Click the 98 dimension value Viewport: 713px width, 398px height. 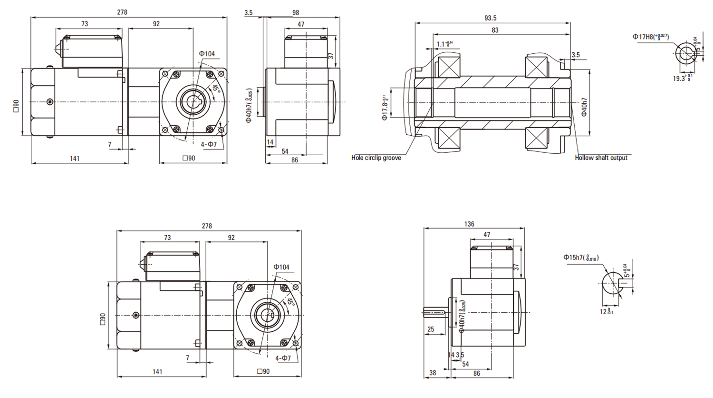click(x=296, y=13)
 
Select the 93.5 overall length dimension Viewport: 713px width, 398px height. click(x=491, y=18)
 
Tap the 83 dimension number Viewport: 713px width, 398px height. click(x=495, y=30)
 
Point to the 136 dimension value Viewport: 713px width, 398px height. click(x=469, y=224)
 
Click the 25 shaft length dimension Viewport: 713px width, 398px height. click(x=431, y=329)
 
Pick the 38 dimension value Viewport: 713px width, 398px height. click(x=433, y=373)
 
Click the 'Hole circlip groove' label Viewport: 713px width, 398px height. click(x=376, y=158)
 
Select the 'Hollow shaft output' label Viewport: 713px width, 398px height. click(x=601, y=158)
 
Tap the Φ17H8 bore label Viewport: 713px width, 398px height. click(x=651, y=37)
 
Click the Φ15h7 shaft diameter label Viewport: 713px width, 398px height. click(x=581, y=258)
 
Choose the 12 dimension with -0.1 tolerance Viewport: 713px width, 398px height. click(x=606, y=312)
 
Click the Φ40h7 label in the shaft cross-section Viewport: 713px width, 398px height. click(x=584, y=107)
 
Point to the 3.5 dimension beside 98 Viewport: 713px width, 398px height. click(x=249, y=13)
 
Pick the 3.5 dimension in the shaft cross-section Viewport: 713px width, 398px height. click(x=576, y=55)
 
